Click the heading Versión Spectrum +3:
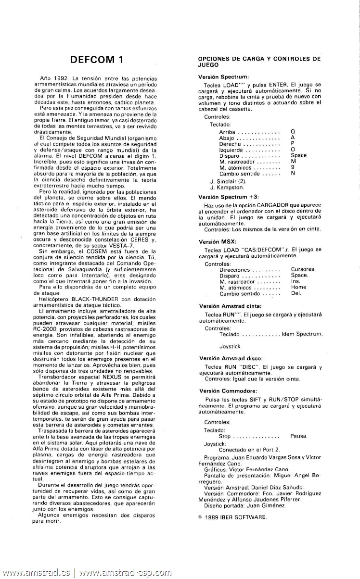pyautogui.click(x=229, y=197)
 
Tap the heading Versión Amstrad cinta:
pyautogui.click(x=230, y=306)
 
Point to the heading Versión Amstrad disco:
pyautogui.click(x=231, y=358)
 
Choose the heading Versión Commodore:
pyautogui.click(x=227, y=390)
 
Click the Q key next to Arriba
pyautogui.click(x=293, y=131)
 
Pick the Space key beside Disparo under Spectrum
pyautogui.click(x=298, y=155)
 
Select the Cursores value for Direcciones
pyautogui.click(x=303, y=269)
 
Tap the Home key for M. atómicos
pyautogui.click(x=298, y=287)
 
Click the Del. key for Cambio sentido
pyautogui.click(x=296, y=293)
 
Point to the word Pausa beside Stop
pyautogui.click(x=299, y=436)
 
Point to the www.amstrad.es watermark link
pyautogui.click(x=36, y=573)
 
